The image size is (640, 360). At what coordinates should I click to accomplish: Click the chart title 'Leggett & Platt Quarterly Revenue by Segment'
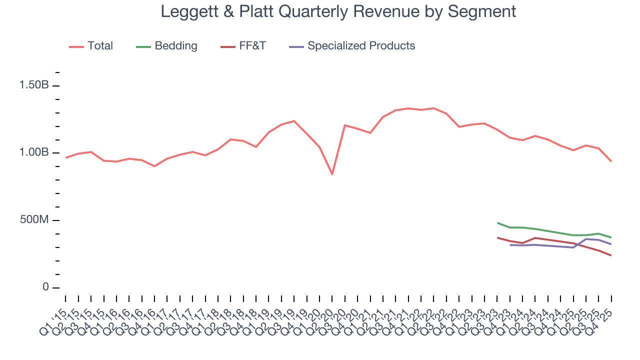point(338,11)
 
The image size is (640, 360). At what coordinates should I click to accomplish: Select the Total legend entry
point(91,46)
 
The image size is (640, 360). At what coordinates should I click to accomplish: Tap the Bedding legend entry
point(166,46)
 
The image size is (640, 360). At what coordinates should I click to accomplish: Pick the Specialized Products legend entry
point(352,46)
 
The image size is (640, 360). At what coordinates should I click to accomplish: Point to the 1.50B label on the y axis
point(34,85)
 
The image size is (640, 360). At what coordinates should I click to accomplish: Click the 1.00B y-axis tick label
point(34,153)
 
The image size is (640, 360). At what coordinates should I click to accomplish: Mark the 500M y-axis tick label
point(34,220)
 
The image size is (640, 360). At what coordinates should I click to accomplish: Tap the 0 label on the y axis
point(45,287)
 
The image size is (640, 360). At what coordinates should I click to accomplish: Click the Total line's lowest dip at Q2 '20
point(332,174)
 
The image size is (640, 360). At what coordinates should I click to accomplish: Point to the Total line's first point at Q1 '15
point(66,157)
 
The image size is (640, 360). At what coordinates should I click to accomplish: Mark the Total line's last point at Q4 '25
point(611,161)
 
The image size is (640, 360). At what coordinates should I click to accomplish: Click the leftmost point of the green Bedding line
point(497,223)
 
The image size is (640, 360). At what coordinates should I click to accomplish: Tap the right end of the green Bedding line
point(611,237)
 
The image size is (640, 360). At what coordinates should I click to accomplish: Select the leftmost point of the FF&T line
point(497,237)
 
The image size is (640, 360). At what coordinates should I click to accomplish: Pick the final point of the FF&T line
point(611,255)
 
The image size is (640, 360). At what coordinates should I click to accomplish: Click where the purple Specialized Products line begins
point(510,244)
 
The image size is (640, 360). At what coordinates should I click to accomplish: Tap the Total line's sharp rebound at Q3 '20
point(345,125)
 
